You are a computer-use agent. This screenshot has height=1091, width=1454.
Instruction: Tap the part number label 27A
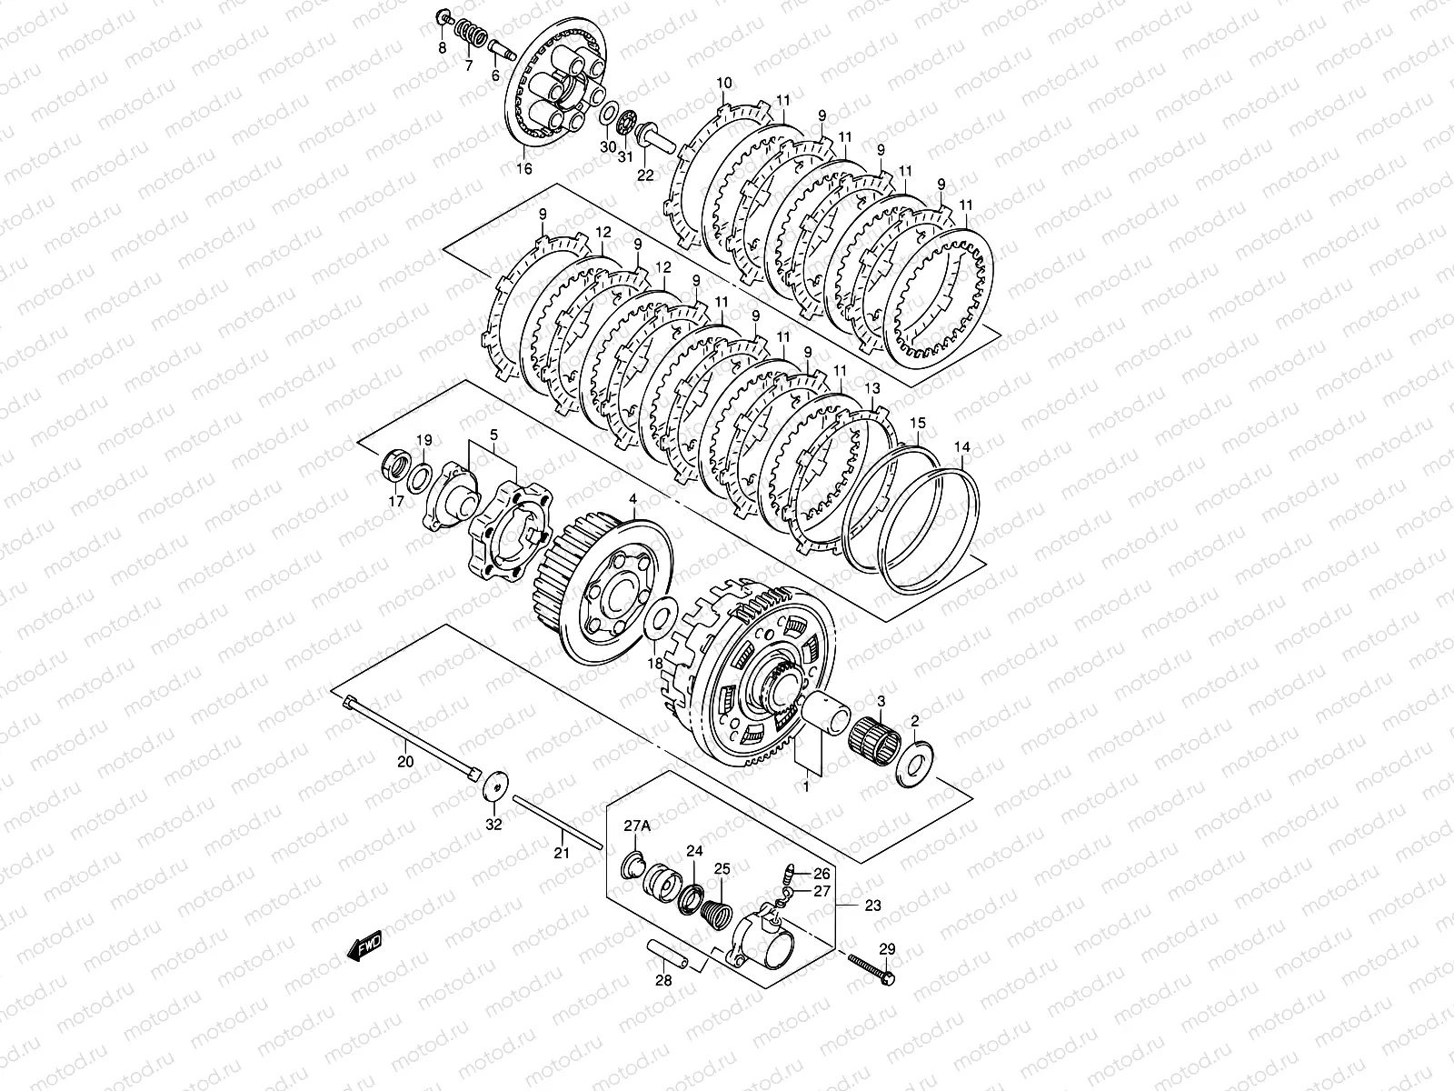point(637,826)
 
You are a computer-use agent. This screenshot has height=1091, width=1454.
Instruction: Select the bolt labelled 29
point(871,966)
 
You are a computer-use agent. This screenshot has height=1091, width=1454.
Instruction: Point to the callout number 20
point(405,762)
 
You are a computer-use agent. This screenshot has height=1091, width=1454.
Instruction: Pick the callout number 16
point(524,169)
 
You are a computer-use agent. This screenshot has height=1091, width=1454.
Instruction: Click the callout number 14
point(961,447)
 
